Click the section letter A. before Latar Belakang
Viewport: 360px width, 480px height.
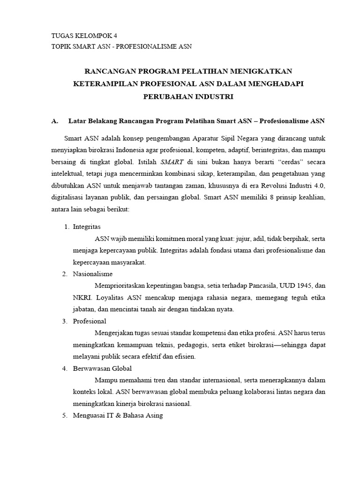click(x=55, y=121)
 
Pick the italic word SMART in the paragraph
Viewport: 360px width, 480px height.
click(x=172, y=162)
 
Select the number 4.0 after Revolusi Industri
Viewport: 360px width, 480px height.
click(x=317, y=185)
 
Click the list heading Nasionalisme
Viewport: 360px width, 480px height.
click(x=93, y=274)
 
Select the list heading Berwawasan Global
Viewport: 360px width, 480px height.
click(x=102, y=368)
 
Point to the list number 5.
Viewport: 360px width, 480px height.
click(x=65, y=415)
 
